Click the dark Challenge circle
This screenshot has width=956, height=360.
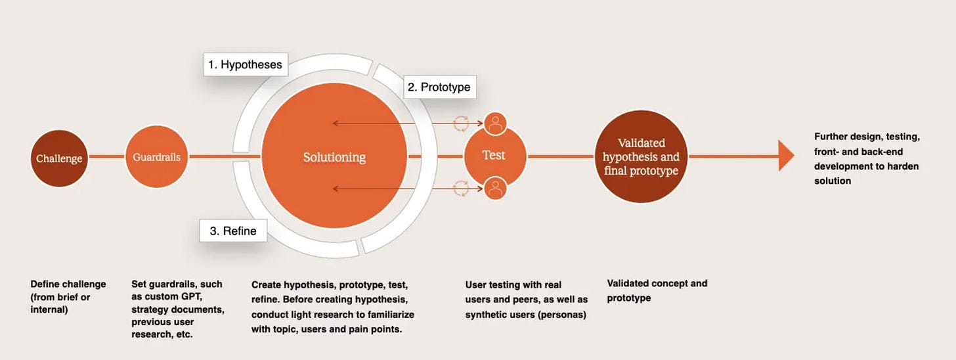tap(59, 158)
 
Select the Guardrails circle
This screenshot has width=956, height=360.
tap(156, 157)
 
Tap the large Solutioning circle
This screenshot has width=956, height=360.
tap(334, 157)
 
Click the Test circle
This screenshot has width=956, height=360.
tap(494, 156)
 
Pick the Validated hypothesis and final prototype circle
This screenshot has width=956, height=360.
tap(641, 156)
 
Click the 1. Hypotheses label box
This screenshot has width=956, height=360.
tap(244, 64)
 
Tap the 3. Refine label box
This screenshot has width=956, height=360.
tap(233, 231)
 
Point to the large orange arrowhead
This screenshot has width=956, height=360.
tap(786, 156)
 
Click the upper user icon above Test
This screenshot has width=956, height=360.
tap(496, 123)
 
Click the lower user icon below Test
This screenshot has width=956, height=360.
tap(496, 189)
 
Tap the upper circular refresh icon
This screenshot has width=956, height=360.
tap(462, 123)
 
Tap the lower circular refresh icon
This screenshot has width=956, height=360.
tap(462, 189)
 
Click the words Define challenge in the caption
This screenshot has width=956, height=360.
tap(68, 284)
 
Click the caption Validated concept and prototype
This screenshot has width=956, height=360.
tap(657, 290)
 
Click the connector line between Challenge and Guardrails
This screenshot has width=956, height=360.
tap(106, 157)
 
